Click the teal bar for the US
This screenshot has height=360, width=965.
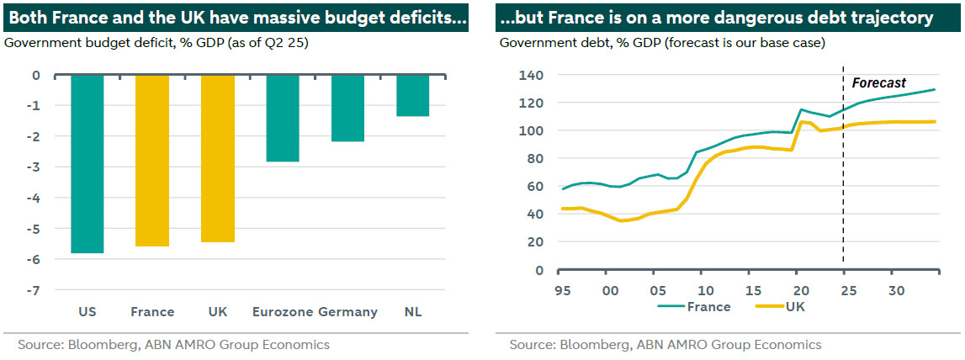coord(87,164)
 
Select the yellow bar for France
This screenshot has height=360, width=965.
coord(152,161)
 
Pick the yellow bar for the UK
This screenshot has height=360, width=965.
coord(217,158)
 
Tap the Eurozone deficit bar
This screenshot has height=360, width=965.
coord(283,118)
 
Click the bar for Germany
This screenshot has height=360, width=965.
coord(347,108)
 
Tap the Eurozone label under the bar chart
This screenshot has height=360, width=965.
coord(283,312)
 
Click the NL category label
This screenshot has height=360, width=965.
coord(412,312)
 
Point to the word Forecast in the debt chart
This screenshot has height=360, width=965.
coord(879,82)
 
